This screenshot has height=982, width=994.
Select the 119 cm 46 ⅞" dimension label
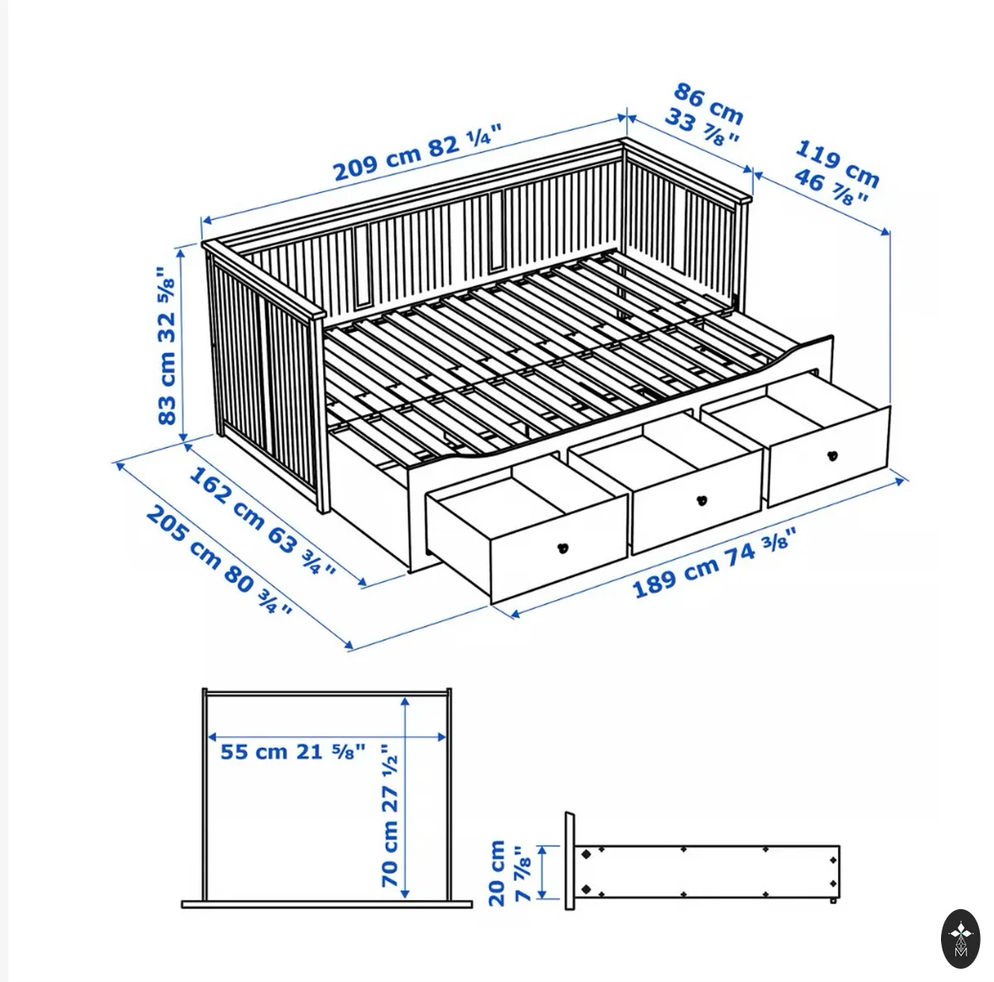point(835,173)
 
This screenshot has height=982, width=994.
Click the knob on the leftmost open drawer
point(563,548)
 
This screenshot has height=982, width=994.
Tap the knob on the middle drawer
point(701,500)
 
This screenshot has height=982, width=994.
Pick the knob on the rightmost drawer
point(832,456)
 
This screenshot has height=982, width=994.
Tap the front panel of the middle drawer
point(697,500)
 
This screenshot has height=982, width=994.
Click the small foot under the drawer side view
point(833,916)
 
